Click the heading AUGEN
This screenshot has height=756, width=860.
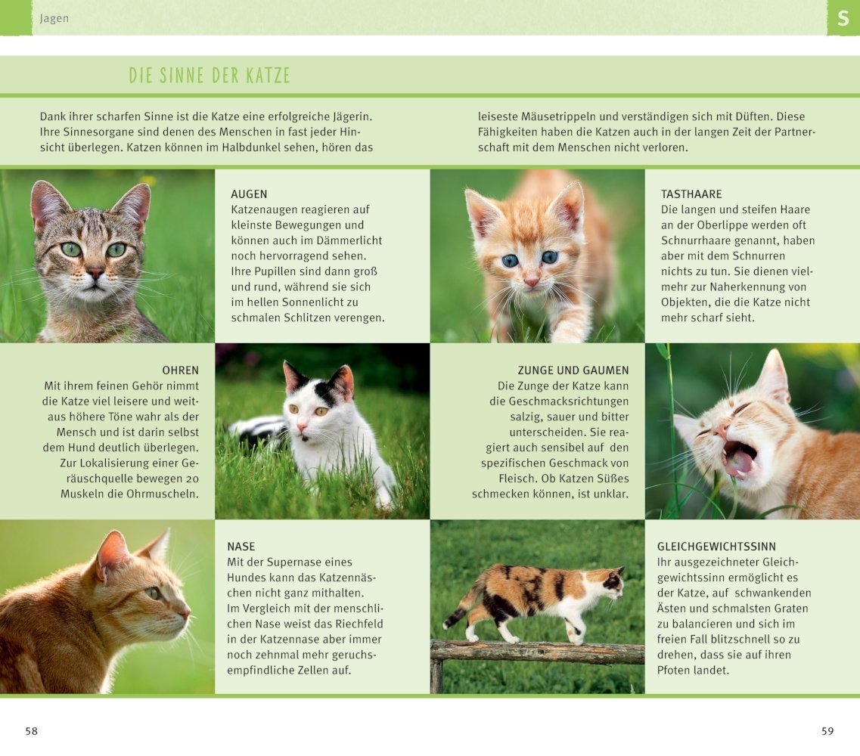249,194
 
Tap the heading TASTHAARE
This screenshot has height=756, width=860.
691,194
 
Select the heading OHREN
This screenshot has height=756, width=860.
180,370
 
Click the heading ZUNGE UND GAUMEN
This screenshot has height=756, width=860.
573,370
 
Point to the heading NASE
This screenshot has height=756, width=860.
241,547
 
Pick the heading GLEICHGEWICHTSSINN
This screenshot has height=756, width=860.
716,547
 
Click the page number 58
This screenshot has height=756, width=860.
31,731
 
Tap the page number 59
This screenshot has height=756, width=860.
827,731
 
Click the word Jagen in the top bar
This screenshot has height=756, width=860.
54,19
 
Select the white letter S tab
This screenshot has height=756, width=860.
843,18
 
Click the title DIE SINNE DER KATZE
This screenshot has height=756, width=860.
210,76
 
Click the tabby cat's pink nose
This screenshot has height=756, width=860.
95,273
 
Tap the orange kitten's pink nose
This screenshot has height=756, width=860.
532,281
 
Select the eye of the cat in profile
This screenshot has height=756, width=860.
154,593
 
